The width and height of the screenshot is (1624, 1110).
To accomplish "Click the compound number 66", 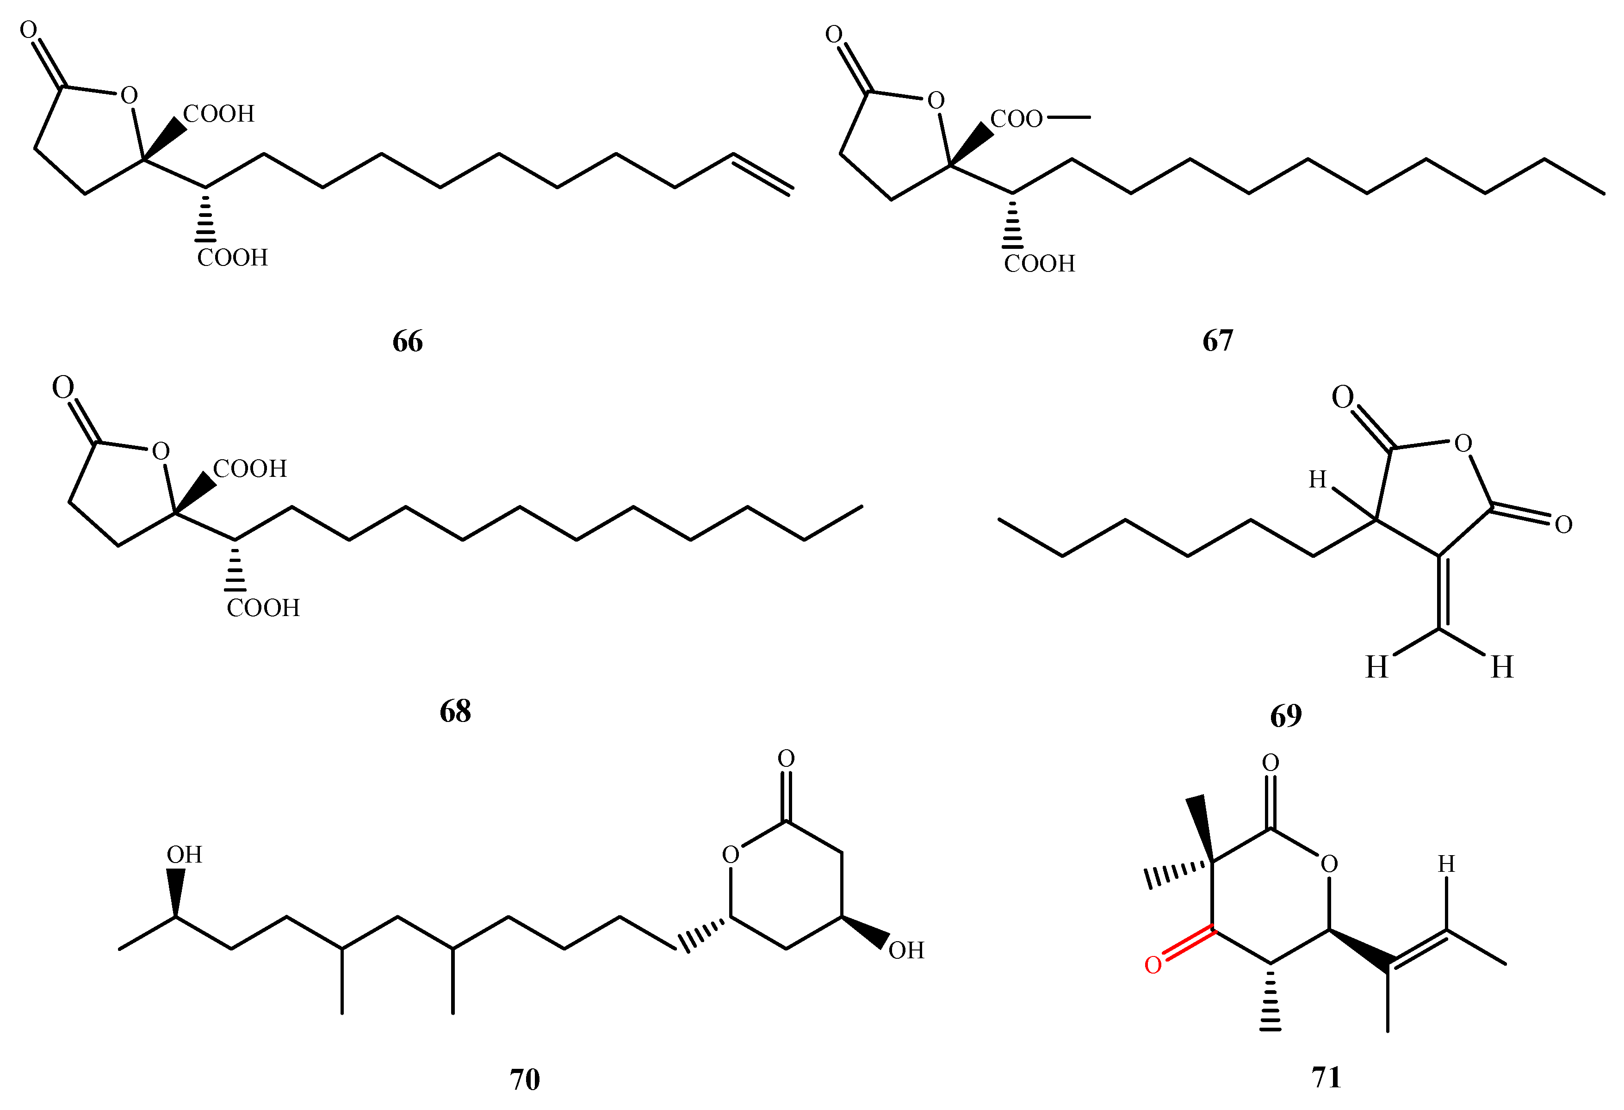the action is click(x=408, y=342).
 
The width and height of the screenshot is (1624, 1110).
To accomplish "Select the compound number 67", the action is click(x=1217, y=341).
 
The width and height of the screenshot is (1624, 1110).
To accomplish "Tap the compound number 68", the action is click(x=455, y=711).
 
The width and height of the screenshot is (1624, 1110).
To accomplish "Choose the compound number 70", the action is click(x=525, y=1079).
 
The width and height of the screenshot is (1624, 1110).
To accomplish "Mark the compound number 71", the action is click(x=1326, y=1077).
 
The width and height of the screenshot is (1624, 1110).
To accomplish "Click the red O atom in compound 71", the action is click(x=1153, y=965).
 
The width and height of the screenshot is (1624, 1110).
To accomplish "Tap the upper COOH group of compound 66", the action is click(x=219, y=114).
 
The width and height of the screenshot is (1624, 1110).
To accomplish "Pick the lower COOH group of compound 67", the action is click(x=1039, y=263).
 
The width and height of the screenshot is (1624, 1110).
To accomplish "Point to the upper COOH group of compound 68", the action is click(x=249, y=469).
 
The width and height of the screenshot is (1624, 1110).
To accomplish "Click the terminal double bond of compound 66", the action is click(x=762, y=172).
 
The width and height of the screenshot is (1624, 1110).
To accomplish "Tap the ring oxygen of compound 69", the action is click(x=1463, y=443).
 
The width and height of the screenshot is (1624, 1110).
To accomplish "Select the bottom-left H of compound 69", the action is click(x=1376, y=667).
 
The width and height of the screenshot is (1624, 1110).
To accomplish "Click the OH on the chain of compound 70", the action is click(x=184, y=854).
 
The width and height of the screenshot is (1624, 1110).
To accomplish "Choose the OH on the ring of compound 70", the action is click(x=906, y=950).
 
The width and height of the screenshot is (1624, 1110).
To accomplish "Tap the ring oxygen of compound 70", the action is click(x=730, y=854).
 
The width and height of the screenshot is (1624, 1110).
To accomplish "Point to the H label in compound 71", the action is click(x=1446, y=864).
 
